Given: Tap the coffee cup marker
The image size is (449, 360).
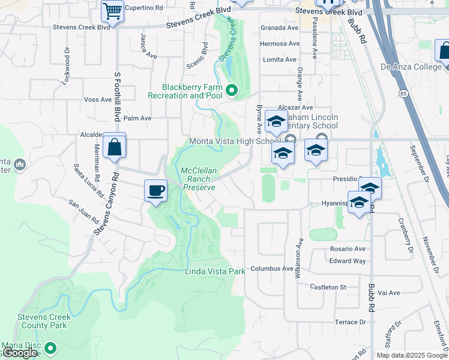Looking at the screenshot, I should pyautogui.click(x=156, y=191).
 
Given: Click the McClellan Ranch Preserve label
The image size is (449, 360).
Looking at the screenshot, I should pyautogui.click(x=199, y=179).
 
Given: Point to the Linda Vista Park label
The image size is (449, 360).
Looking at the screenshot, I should pyautogui.click(x=215, y=271).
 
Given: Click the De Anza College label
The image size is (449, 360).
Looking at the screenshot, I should pyautogui.click(x=411, y=67).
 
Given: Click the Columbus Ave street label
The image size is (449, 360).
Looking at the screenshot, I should pyautogui.click(x=271, y=268).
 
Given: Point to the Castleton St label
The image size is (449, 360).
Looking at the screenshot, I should pyautogui.click(x=328, y=287).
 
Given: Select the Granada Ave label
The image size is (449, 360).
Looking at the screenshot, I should pyautogui.click(x=279, y=28).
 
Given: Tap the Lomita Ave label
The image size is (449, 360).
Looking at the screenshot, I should pyautogui.click(x=280, y=59).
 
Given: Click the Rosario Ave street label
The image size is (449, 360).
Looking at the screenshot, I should pyautogui.click(x=347, y=248).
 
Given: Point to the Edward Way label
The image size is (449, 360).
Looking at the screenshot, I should pyautogui.click(x=347, y=261).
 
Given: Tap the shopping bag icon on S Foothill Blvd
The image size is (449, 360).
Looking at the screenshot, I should pyautogui.click(x=114, y=146).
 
